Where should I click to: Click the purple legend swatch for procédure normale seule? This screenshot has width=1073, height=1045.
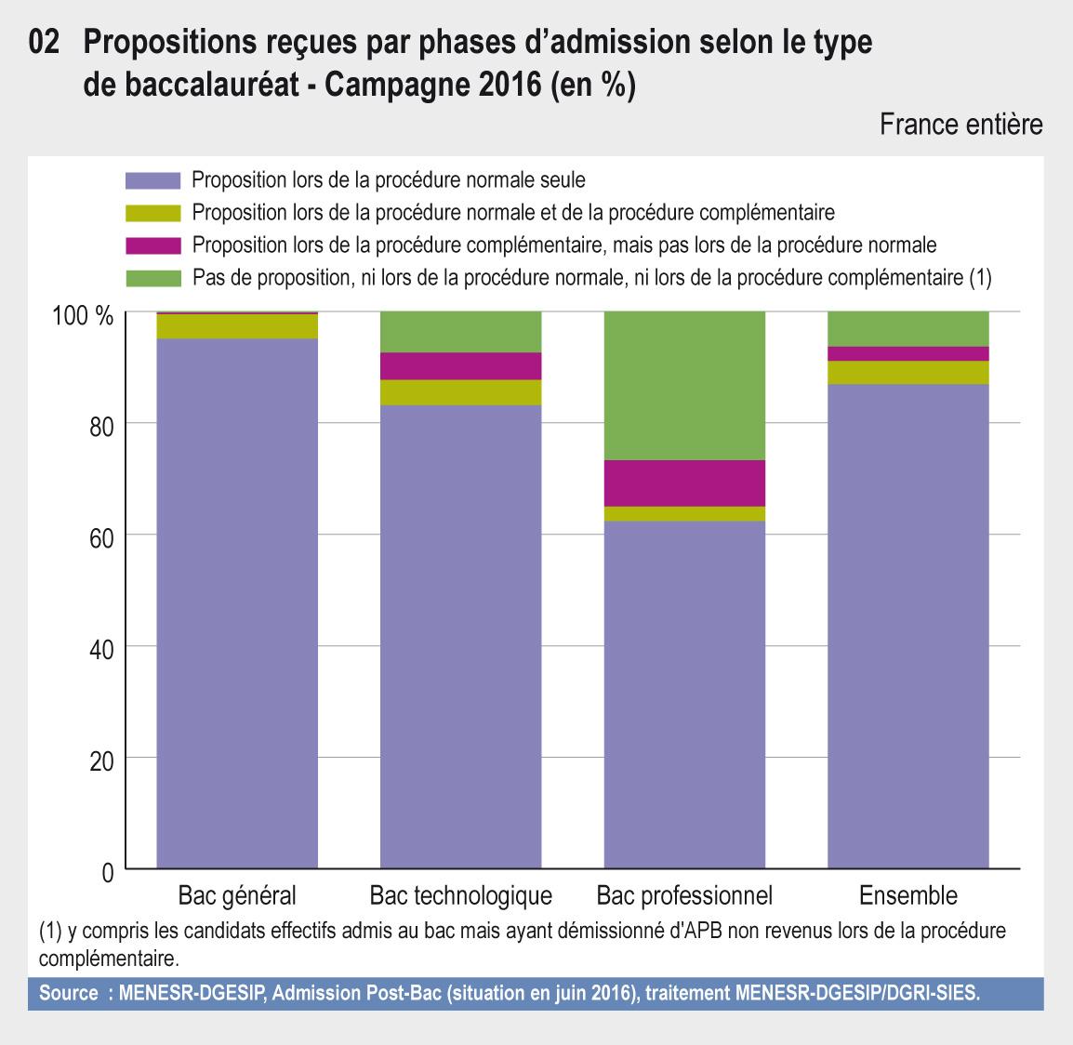point(152,179)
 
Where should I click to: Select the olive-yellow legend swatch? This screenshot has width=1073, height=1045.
point(152,212)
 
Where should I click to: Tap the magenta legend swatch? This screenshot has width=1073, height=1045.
point(152,245)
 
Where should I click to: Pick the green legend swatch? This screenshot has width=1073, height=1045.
point(152,278)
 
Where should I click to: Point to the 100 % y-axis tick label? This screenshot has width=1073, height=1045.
point(83,316)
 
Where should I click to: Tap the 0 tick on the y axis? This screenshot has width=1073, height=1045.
point(106,873)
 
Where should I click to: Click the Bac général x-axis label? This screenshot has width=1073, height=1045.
point(237,896)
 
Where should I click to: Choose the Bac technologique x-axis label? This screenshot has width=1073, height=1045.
point(461,896)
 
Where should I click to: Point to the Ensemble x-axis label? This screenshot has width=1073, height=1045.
point(908,896)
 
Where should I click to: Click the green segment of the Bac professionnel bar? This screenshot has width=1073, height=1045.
point(684,385)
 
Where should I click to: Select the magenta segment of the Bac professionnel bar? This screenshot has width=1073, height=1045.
point(684,483)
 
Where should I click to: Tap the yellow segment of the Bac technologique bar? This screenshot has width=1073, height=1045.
point(461,392)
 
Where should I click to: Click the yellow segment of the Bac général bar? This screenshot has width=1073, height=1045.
point(237,326)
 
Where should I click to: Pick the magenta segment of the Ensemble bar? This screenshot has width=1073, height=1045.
point(908,353)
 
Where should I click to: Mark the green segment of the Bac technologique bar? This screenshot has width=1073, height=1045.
point(461,332)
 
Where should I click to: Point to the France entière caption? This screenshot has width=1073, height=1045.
point(960,125)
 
